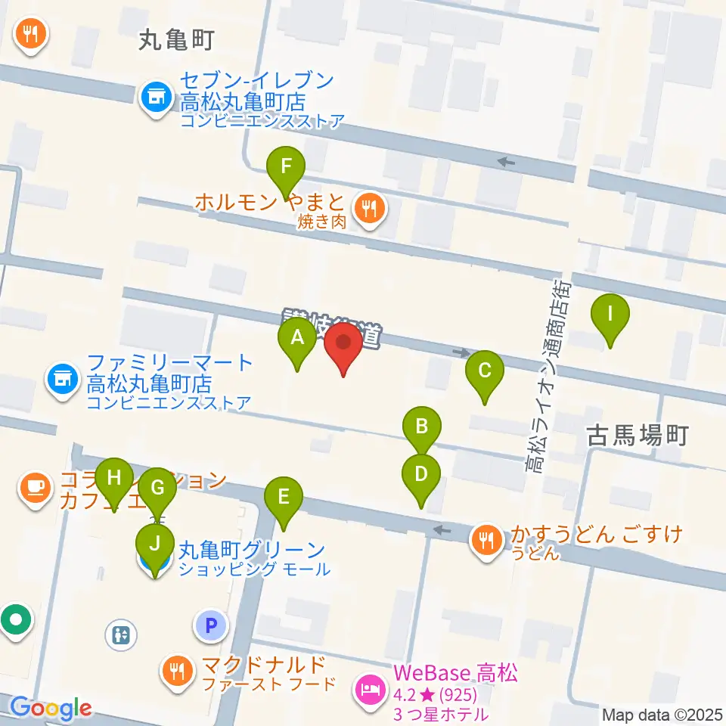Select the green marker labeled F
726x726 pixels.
pyautogui.click(x=286, y=169)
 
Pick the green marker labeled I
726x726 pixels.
pyautogui.click(x=610, y=315)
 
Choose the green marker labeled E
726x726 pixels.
pyautogui.click(x=284, y=499)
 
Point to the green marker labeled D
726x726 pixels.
pyautogui.click(x=421, y=476)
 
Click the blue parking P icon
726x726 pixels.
pyautogui.click(x=211, y=625)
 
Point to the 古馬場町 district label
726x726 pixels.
pyautogui.click(x=638, y=436)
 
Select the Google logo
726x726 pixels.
pyautogui.click(x=51, y=709)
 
